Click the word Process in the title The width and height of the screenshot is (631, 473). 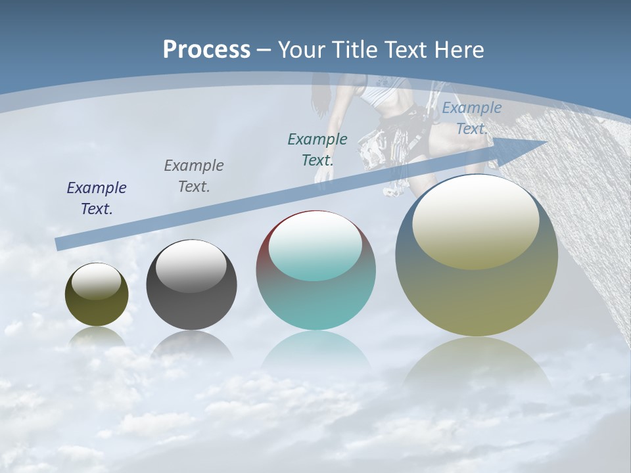[x=206, y=49]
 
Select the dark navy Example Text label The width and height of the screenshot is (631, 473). [x=97, y=198]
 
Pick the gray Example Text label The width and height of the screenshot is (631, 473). [x=194, y=176]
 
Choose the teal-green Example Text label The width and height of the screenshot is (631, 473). [x=317, y=149]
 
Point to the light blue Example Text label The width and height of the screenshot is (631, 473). [x=471, y=118]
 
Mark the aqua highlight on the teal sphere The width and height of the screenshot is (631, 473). [x=315, y=246]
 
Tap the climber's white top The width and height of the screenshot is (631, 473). [x=381, y=95]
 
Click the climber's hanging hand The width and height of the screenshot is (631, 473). [x=322, y=174]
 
